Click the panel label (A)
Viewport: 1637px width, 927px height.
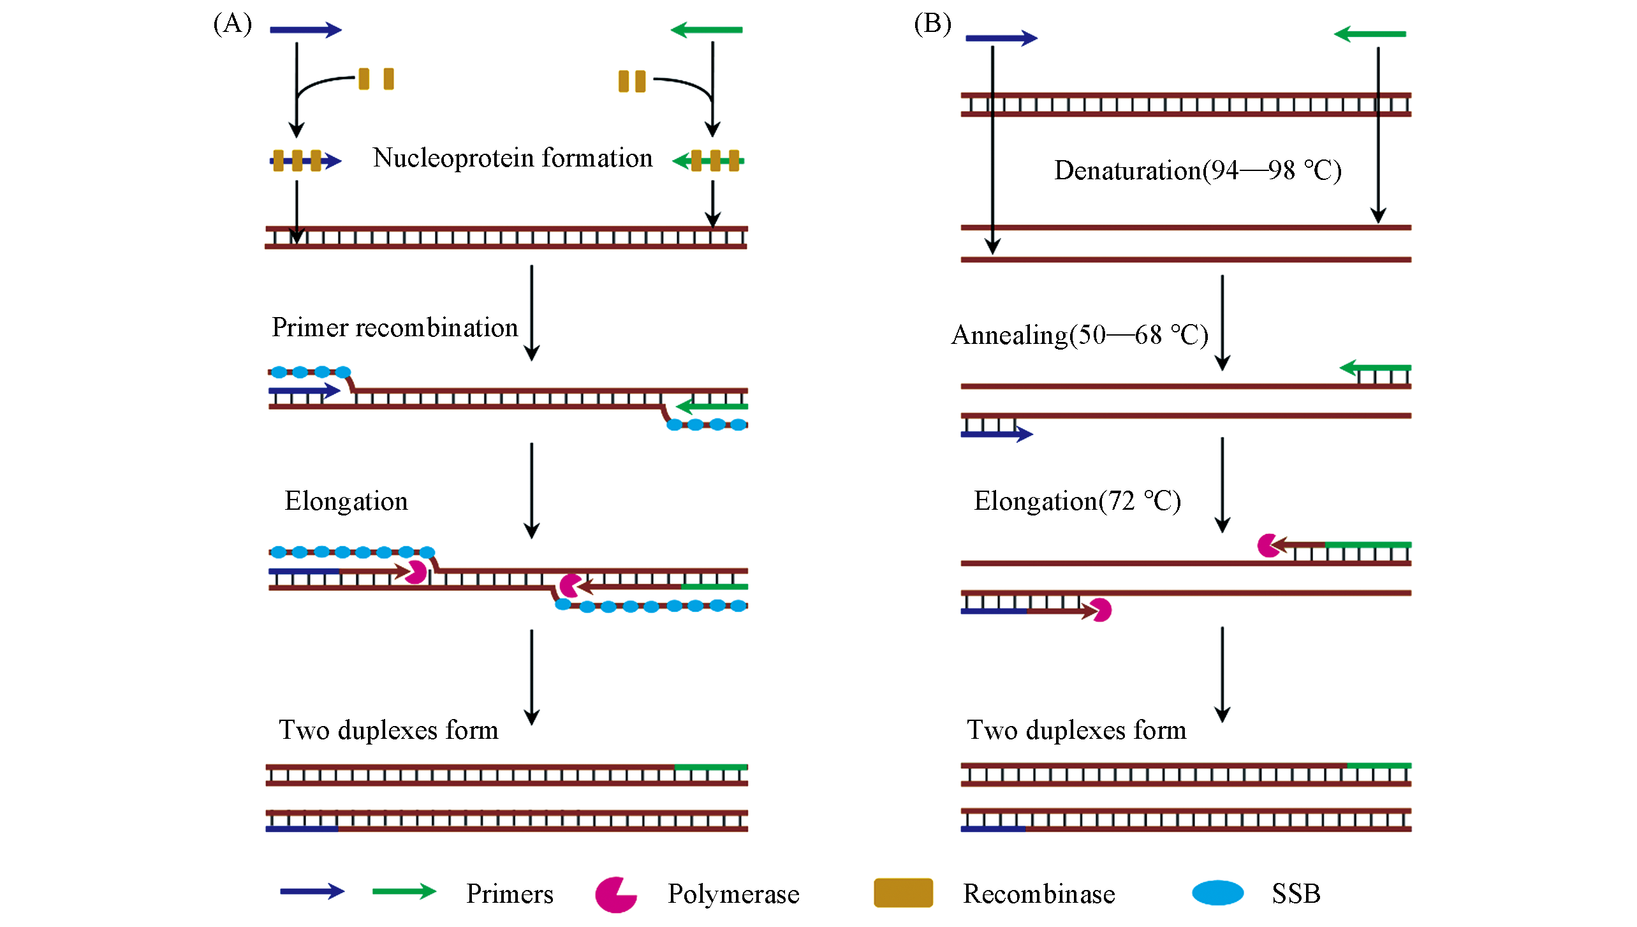[x=233, y=24]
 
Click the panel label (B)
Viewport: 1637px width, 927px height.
[x=932, y=24]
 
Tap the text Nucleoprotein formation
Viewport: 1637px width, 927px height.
[x=513, y=158]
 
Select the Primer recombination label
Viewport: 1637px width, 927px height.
[x=395, y=327]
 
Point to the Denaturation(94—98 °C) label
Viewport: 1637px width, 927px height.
[x=1198, y=170]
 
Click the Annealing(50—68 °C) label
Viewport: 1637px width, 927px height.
[x=1080, y=335]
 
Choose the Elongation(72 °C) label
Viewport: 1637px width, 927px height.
[x=1077, y=501]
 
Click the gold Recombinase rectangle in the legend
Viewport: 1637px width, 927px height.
[x=903, y=893]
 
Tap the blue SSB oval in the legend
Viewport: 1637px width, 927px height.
[x=1217, y=893]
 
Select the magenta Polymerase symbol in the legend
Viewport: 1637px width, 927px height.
[x=615, y=894]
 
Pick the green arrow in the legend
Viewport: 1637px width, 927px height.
[x=404, y=891]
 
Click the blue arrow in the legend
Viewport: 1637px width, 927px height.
[x=312, y=891]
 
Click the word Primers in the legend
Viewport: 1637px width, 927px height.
[x=510, y=894]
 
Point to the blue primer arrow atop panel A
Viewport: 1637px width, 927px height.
[x=306, y=30]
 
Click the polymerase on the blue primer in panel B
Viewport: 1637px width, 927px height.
[x=1101, y=610]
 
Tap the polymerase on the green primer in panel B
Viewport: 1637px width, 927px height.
[x=1268, y=545]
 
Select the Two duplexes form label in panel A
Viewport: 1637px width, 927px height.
[x=388, y=730]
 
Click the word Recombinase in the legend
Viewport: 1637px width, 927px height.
[x=1039, y=894]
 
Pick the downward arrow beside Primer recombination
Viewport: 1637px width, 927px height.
[x=532, y=313]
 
